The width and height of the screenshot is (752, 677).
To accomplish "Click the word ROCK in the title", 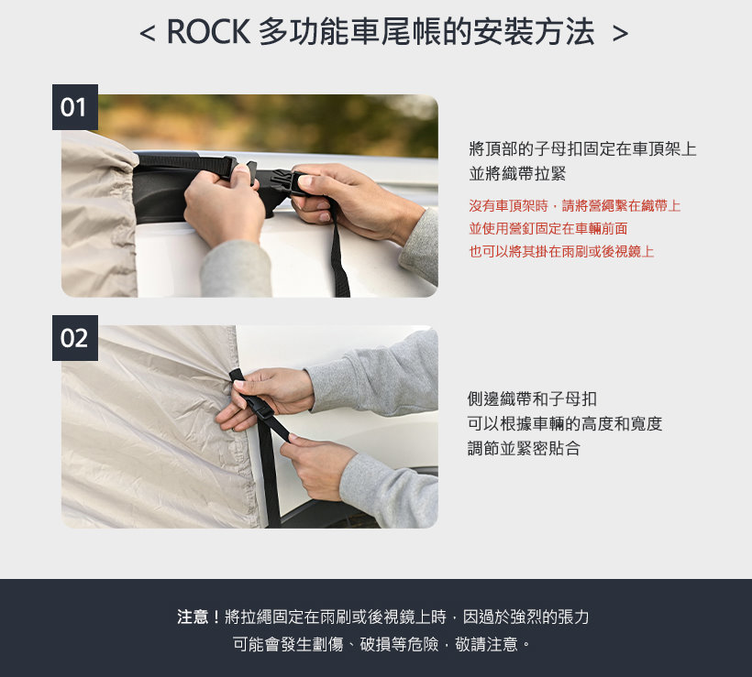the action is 208,32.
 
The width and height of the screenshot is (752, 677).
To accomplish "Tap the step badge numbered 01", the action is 75,107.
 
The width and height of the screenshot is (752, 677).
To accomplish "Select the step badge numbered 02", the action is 75,338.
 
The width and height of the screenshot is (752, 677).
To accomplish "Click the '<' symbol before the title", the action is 148,33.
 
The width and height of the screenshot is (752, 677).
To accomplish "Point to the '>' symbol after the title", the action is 620,33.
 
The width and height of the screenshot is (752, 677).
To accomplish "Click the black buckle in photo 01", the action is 283,183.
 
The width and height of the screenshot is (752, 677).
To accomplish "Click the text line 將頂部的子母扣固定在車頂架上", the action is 582,149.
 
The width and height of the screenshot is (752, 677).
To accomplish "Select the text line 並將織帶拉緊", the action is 517,174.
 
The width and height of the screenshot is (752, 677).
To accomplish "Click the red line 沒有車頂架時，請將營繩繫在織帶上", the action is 575,206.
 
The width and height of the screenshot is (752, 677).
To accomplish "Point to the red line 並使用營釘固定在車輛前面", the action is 548,229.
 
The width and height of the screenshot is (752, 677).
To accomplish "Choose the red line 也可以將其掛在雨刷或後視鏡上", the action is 561,252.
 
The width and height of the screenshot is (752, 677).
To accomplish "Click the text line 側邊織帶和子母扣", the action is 532,399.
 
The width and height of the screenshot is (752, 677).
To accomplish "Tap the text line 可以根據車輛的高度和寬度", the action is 565,424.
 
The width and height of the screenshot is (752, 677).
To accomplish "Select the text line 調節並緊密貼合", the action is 524,449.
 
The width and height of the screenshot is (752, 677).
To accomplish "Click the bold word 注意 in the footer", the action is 193,617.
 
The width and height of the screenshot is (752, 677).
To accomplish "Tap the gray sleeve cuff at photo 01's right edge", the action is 421,245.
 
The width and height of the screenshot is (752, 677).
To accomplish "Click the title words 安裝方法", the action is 534,32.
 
